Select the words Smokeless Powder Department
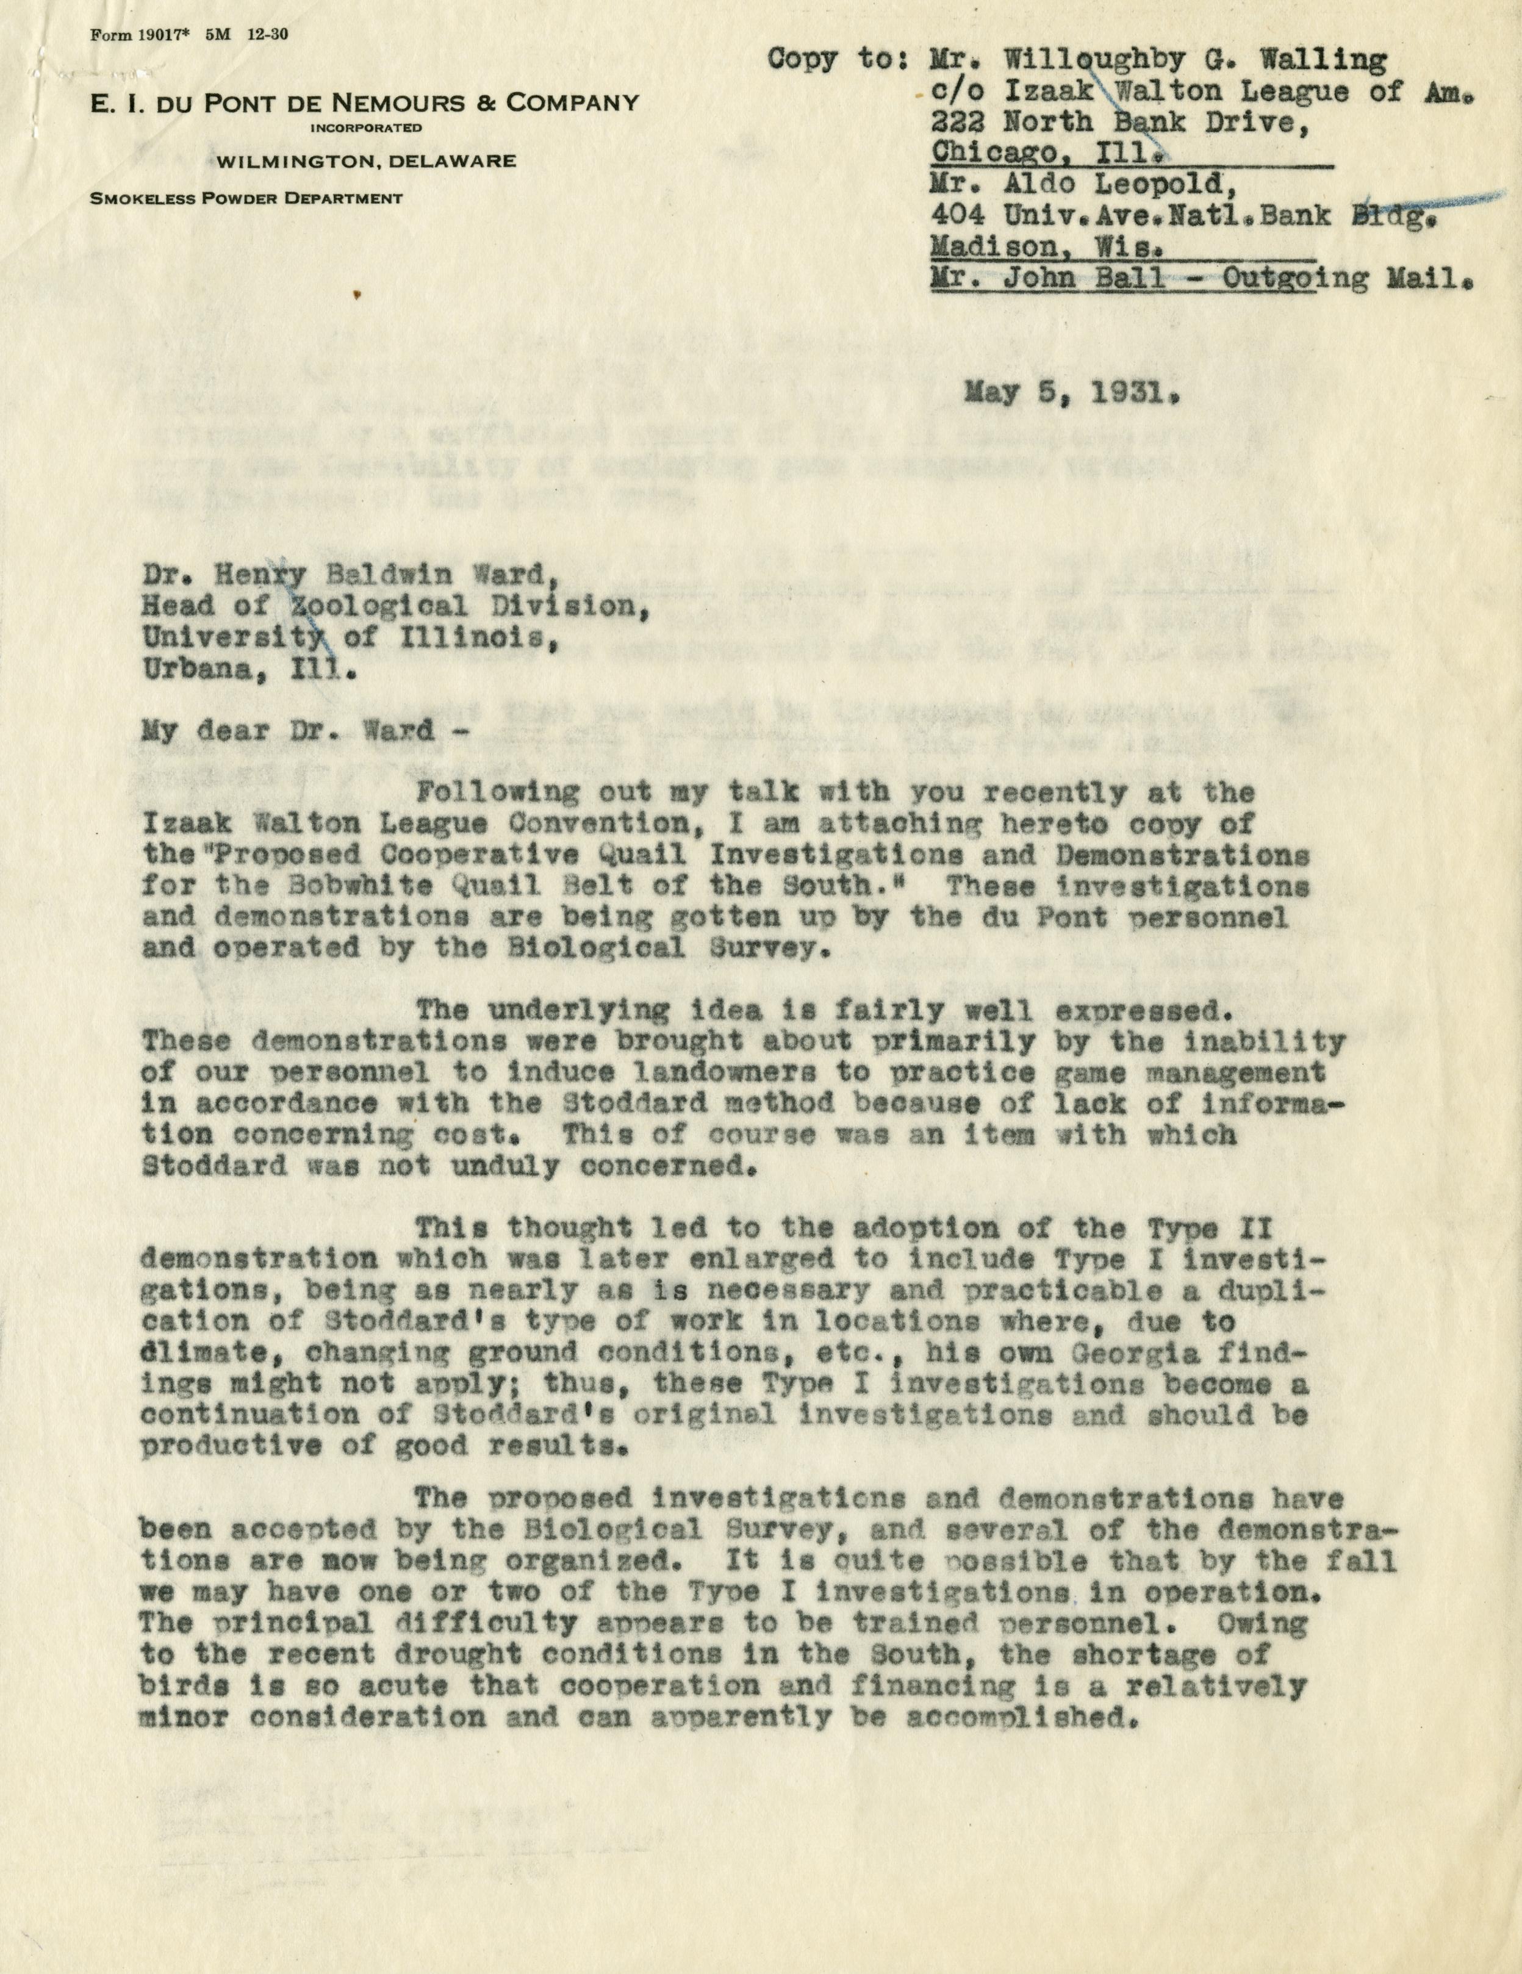click(x=246, y=198)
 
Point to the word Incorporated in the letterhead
click(x=365, y=127)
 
